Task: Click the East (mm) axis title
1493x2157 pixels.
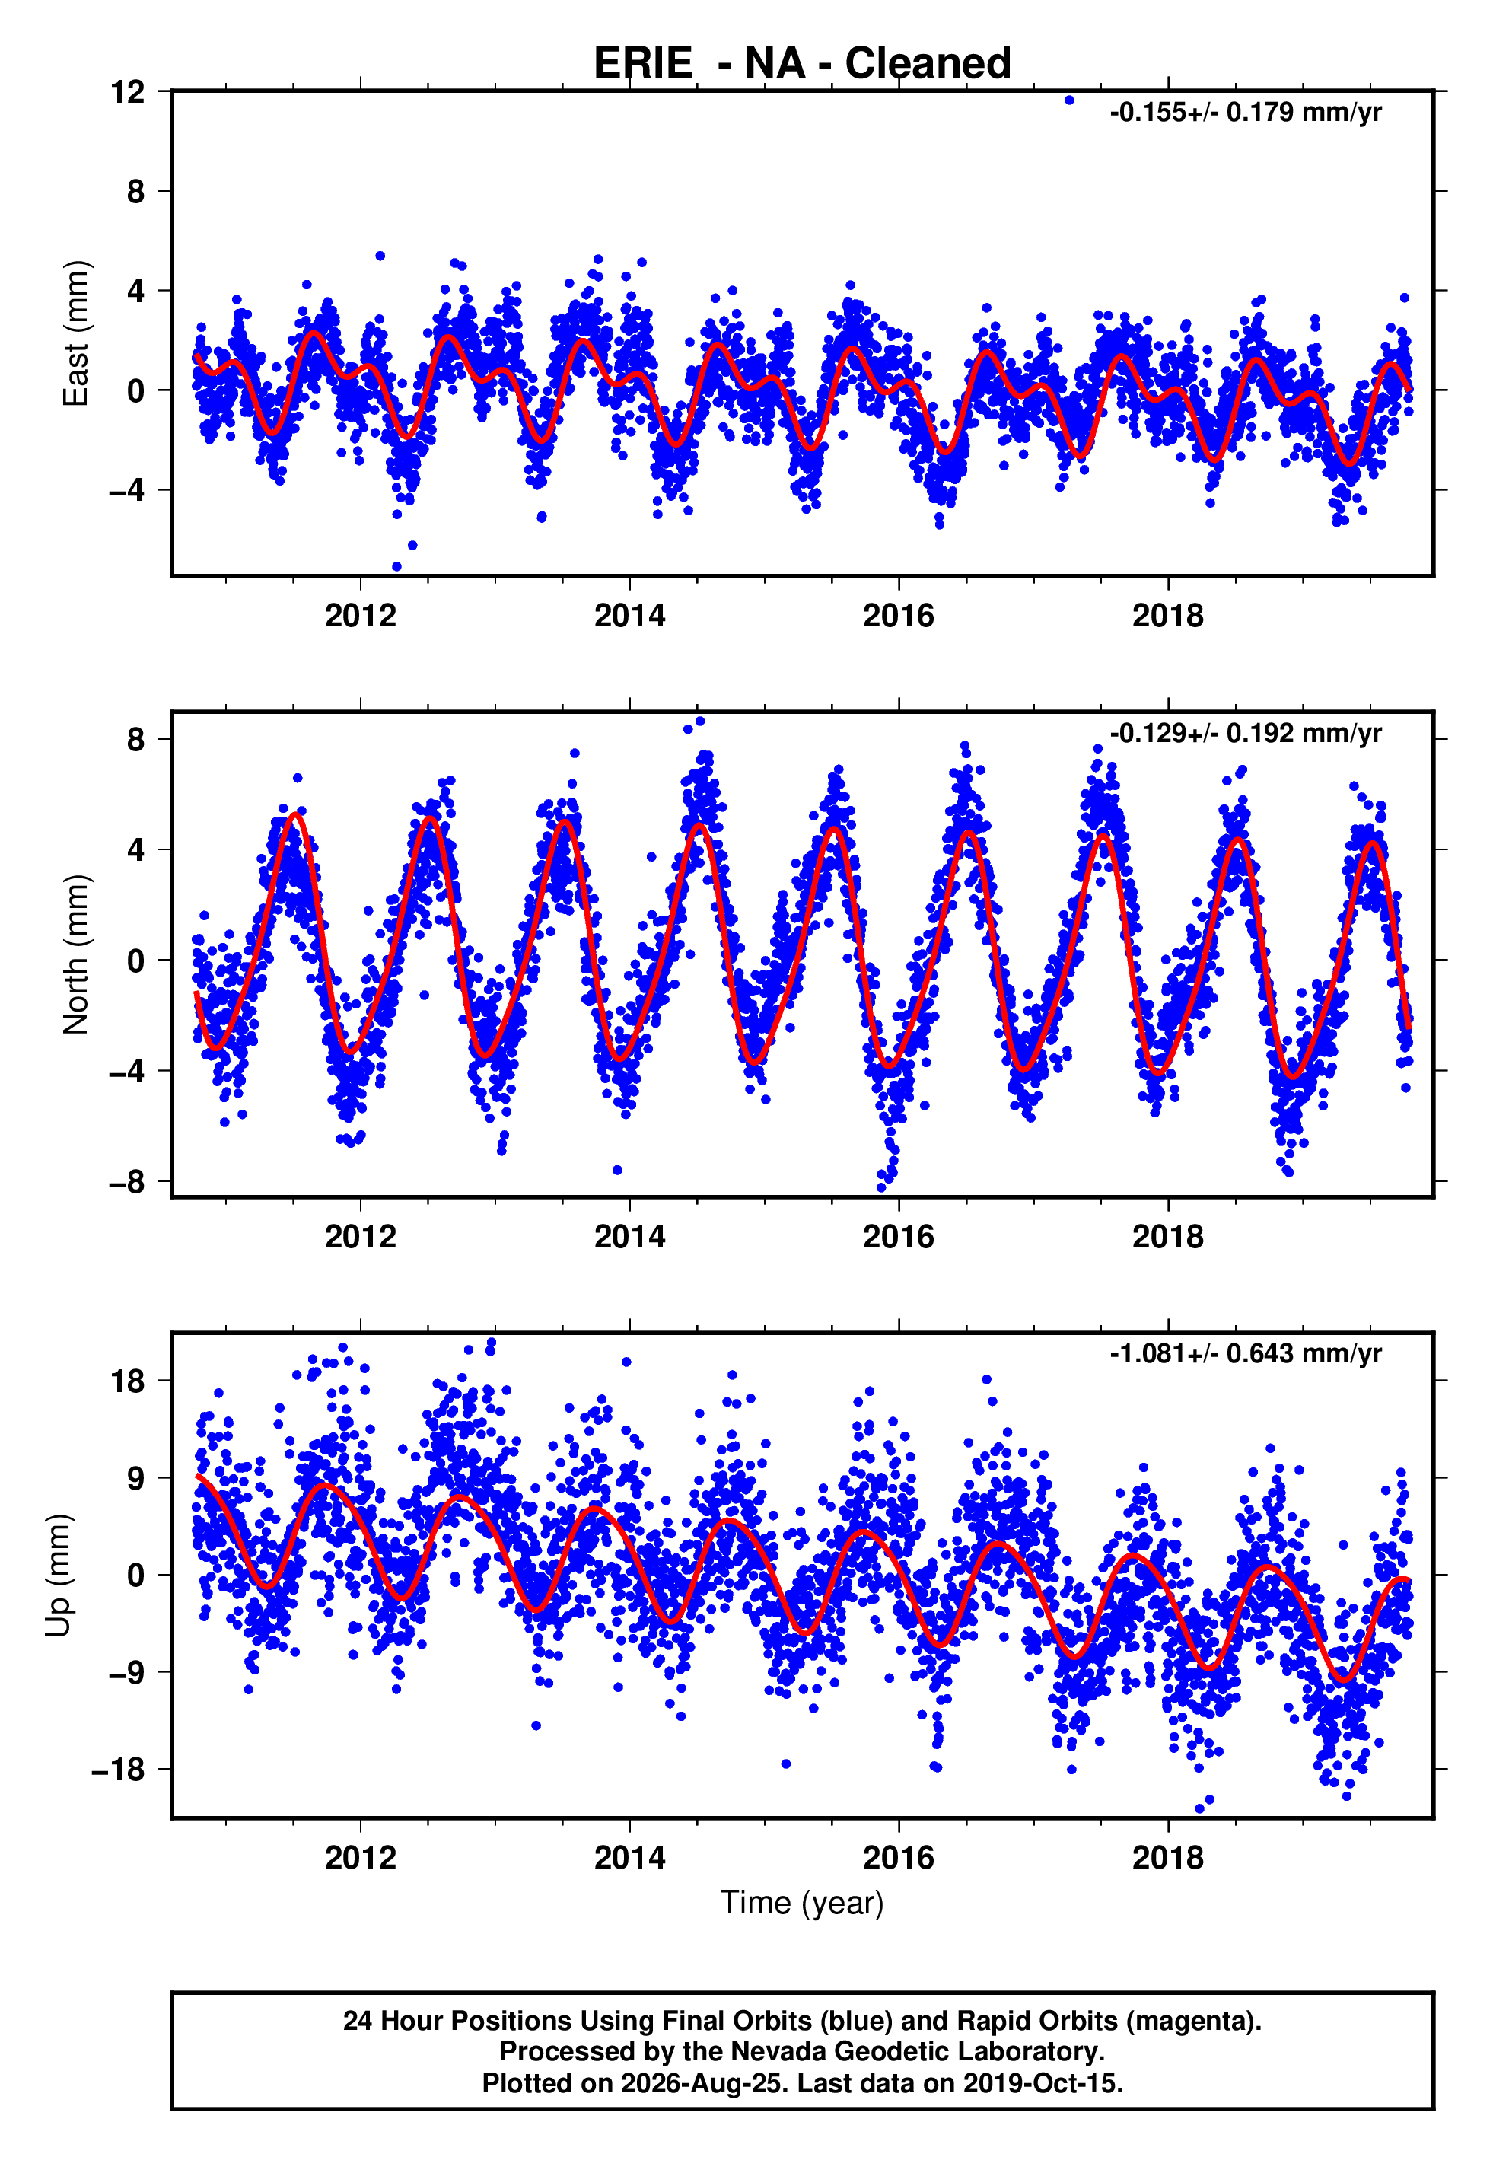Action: (x=76, y=333)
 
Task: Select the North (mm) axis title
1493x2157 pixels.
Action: (x=76, y=954)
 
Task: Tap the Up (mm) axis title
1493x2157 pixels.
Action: (x=58, y=1574)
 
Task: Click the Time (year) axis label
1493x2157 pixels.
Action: (x=802, y=1904)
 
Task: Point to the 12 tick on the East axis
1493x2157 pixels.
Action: (x=128, y=91)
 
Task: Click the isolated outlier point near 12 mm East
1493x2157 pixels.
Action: (x=1069, y=100)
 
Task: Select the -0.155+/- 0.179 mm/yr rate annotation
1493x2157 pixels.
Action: (x=1245, y=112)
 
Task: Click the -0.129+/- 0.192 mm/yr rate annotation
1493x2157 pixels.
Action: (x=1245, y=734)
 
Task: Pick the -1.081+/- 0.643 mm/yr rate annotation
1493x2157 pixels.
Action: (x=1245, y=1353)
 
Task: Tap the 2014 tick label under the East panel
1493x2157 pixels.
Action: (x=629, y=616)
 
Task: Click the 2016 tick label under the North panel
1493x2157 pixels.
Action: (x=898, y=1237)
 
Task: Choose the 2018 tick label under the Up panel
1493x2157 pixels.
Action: (x=1167, y=1857)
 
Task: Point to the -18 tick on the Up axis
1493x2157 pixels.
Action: (x=119, y=1769)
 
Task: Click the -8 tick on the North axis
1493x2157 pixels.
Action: (x=128, y=1181)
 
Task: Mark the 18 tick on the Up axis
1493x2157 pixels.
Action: (x=128, y=1380)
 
